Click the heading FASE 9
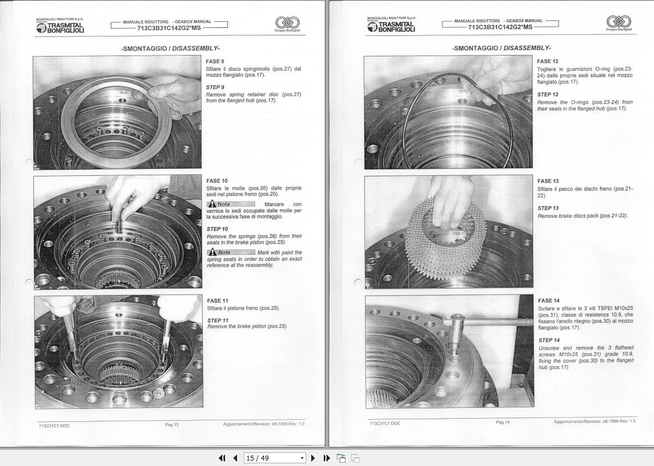pos(215,62)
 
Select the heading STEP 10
pos(217,229)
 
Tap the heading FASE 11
pos(217,301)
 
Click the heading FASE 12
pos(547,62)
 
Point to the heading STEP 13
pos(548,208)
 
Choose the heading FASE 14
pos(548,301)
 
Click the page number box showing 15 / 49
pos(275,458)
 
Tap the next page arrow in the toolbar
pos(313,458)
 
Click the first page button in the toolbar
pos(222,458)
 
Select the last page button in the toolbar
pos(326,458)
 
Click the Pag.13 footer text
pos(172,425)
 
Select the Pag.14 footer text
pos(502,422)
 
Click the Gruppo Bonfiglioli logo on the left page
pos(287,23)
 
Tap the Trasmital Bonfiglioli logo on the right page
pos(391,25)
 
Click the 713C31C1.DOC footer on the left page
pos(54,425)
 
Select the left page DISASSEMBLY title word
pos(196,48)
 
